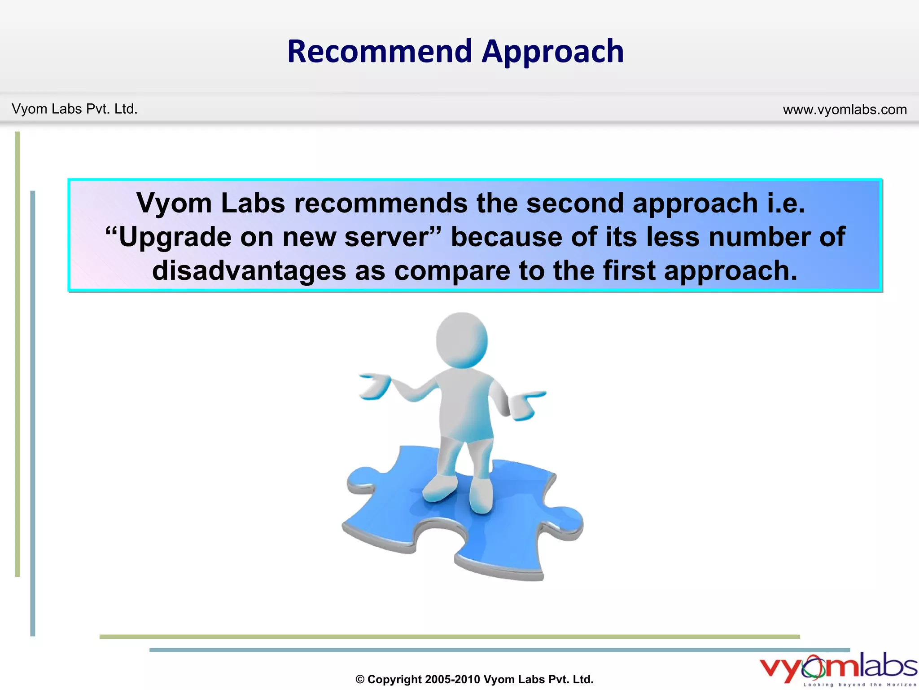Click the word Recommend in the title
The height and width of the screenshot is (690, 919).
click(x=380, y=51)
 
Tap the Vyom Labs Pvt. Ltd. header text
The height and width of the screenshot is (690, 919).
click(x=74, y=109)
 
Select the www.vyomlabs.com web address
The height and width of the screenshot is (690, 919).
click(x=845, y=110)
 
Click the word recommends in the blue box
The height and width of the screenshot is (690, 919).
click(x=381, y=203)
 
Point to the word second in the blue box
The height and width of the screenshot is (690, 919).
click(x=575, y=203)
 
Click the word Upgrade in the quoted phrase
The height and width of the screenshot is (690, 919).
click(x=175, y=238)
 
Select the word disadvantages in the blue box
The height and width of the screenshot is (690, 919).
click(x=249, y=271)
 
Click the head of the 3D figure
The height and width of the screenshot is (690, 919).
click(x=462, y=340)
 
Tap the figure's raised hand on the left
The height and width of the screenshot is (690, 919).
click(x=375, y=386)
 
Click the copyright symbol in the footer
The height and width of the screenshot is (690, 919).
click(x=360, y=680)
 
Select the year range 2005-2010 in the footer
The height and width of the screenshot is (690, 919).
click(x=452, y=680)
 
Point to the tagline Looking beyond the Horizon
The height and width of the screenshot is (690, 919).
click(x=859, y=685)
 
